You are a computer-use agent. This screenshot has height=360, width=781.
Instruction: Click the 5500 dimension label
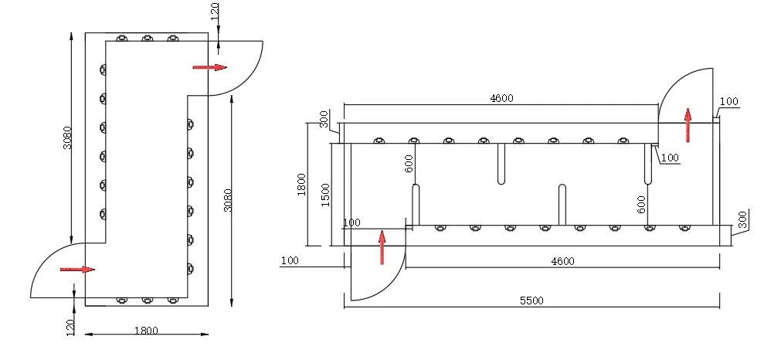click(x=531, y=301)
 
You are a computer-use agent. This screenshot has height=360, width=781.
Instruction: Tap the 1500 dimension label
click(x=325, y=195)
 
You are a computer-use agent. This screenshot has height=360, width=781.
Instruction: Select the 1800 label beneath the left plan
click(x=146, y=331)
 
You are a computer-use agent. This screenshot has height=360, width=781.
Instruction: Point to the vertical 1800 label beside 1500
click(x=301, y=184)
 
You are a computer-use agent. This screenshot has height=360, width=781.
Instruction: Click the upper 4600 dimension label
click(x=501, y=98)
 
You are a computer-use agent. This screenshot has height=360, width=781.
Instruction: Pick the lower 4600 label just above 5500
click(x=562, y=261)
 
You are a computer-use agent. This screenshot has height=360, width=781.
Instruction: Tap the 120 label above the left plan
click(x=215, y=11)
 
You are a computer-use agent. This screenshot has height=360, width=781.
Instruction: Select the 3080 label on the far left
click(x=68, y=138)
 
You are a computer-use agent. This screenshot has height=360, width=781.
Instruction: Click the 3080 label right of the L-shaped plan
click(x=228, y=199)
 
